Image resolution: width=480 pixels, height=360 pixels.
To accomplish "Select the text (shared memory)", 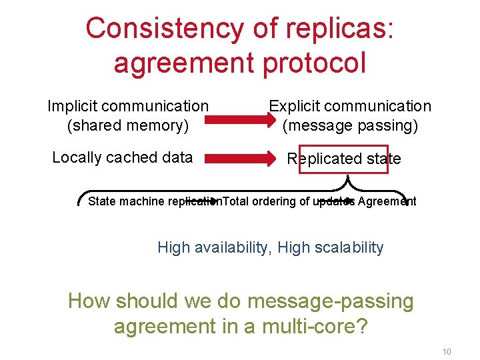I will pyautogui.click(x=128, y=125).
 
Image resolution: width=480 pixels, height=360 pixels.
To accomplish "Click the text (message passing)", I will pyautogui.click(x=350, y=125).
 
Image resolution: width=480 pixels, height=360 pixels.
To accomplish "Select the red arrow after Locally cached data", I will pyautogui.click(x=238, y=159).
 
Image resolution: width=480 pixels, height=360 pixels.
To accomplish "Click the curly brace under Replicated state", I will pyautogui.click(x=346, y=183).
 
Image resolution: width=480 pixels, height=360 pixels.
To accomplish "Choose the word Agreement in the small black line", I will pyautogui.click(x=387, y=201).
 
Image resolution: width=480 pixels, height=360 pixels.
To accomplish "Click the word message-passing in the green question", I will pyautogui.click(x=331, y=301).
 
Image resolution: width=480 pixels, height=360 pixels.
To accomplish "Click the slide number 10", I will pyautogui.click(x=447, y=351).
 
